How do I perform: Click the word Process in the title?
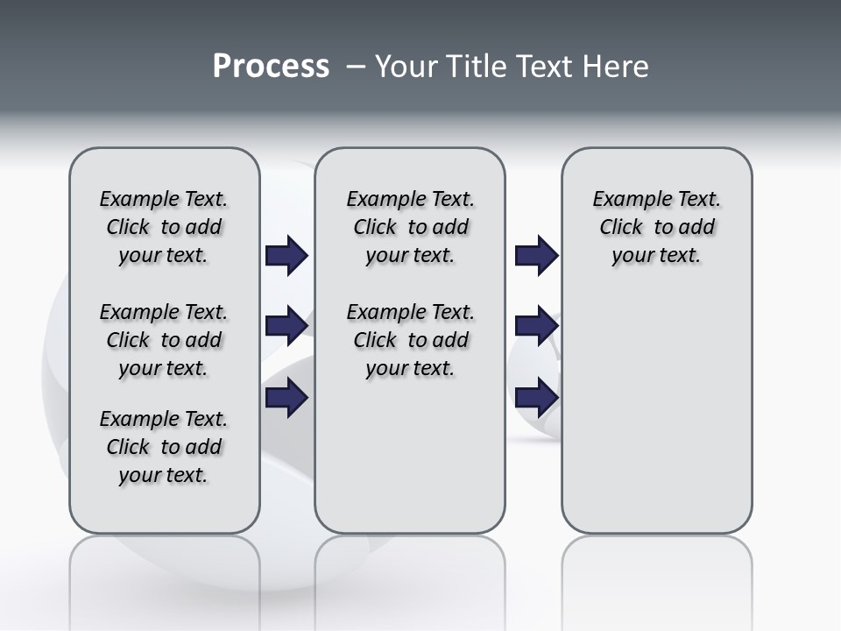(271, 67)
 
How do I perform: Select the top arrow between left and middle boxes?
(286, 256)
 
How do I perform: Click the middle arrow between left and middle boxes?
(286, 326)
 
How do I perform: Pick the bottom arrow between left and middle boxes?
(286, 398)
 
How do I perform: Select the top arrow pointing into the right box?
(536, 256)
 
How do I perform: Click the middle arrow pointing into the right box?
(536, 326)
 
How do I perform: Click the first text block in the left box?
(164, 227)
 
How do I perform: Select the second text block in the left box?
(164, 340)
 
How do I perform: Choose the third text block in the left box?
(164, 447)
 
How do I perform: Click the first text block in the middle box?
(411, 227)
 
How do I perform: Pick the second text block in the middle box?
(411, 340)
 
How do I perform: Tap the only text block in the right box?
(657, 227)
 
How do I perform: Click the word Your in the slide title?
(406, 67)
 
